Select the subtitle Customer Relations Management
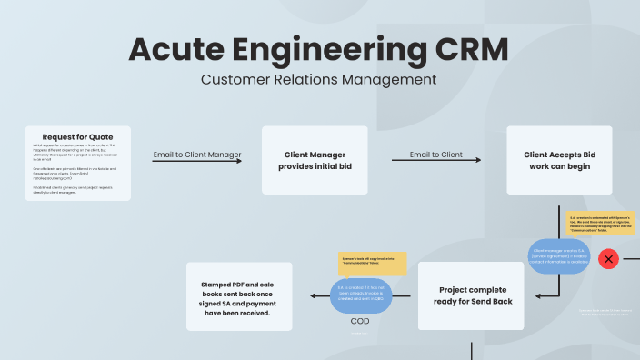coord(318,79)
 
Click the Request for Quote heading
coord(78,135)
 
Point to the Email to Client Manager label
coord(196,155)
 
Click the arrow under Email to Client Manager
coord(197,161)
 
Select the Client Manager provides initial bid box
coord(315,160)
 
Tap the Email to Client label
coord(435,155)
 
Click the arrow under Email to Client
coord(436,161)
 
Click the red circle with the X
coord(609,259)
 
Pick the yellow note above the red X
coord(600,223)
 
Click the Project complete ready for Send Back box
coord(471,295)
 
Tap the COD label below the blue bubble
coord(360,320)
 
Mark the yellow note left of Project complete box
coord(372,264)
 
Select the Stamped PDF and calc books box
coord(240,295)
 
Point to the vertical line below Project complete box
coord(472,349)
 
